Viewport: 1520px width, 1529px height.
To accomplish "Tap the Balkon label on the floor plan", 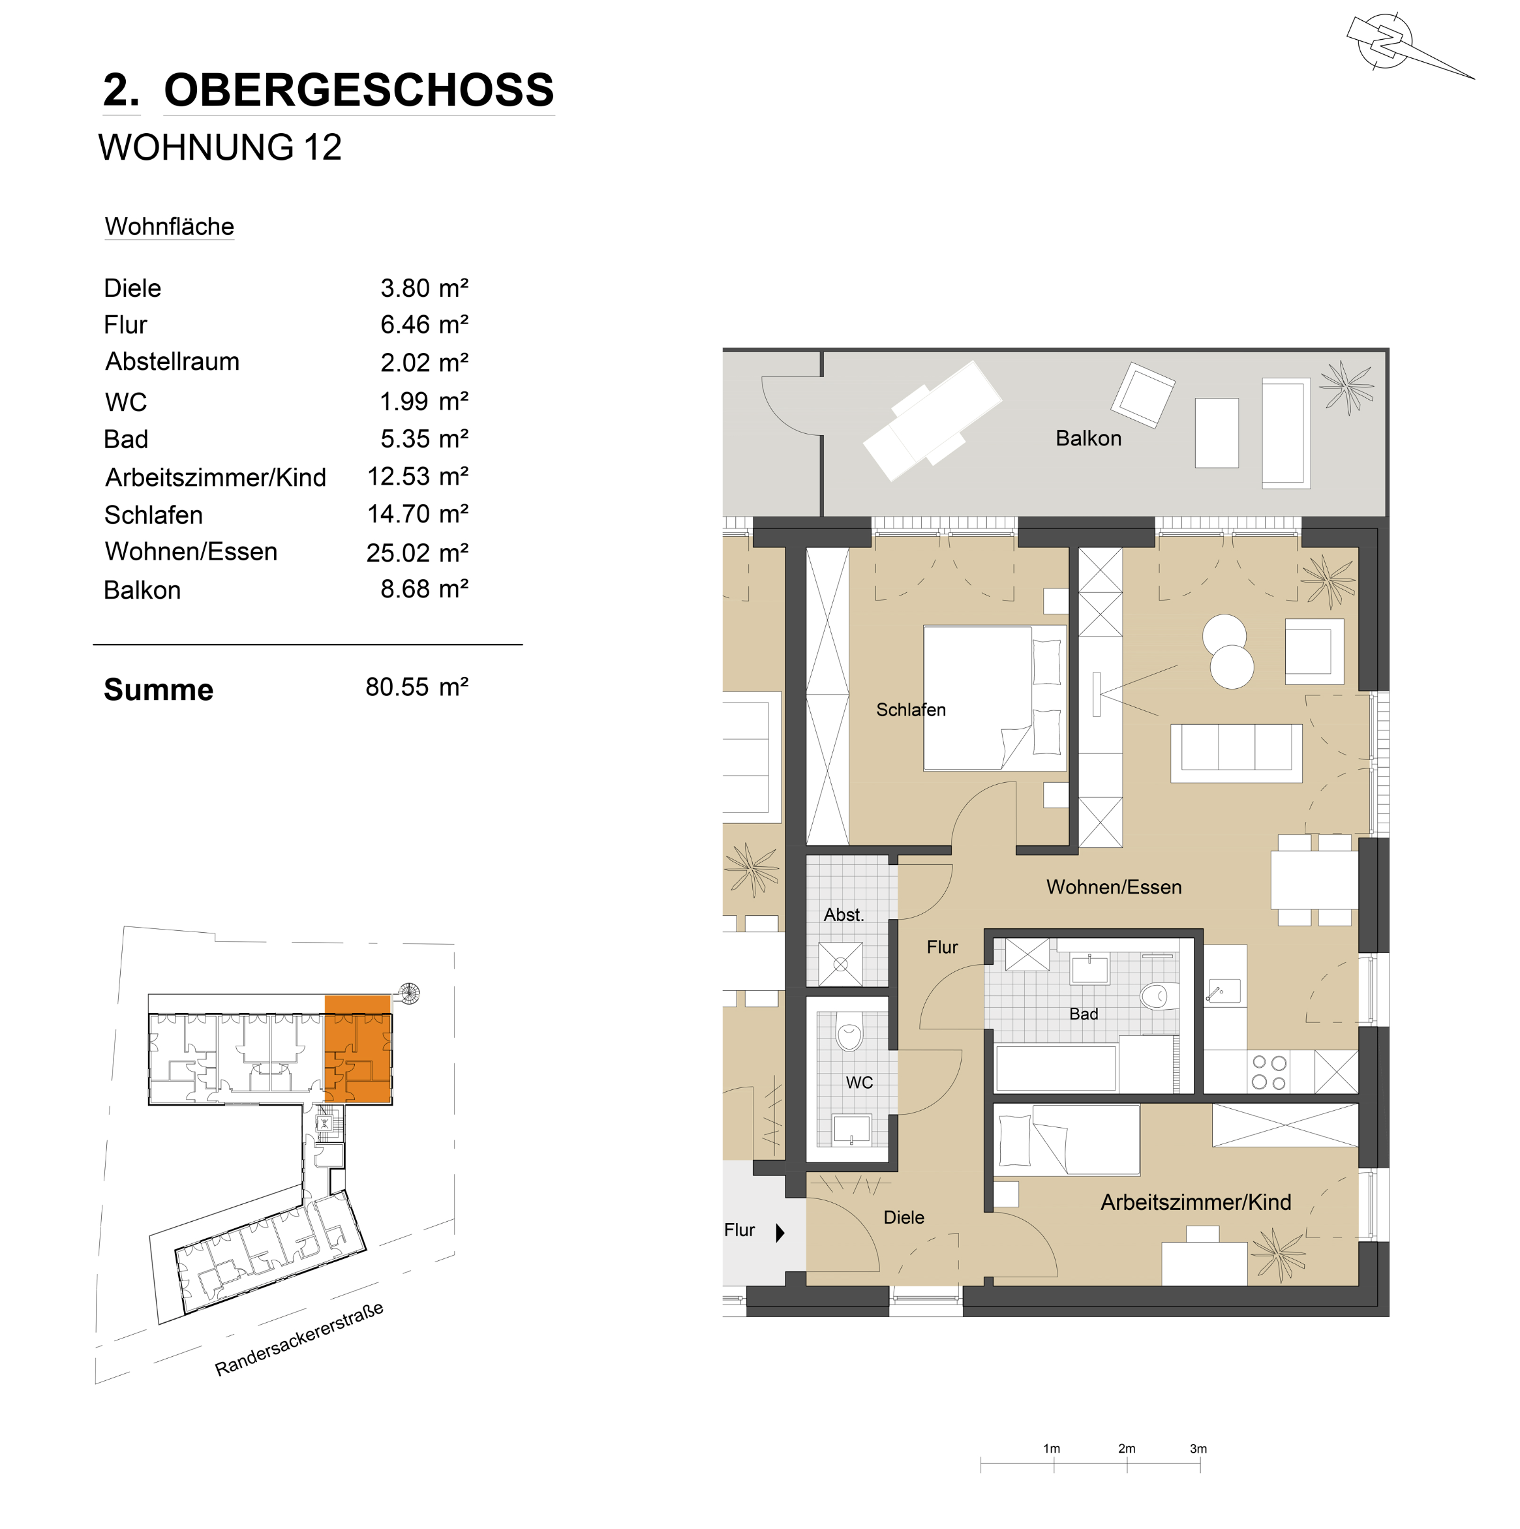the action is (x=1089, y=438).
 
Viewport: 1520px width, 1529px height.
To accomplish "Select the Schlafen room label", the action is (x=911, y=710).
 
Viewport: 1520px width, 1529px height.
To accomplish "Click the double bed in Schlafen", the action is (x=994, y=698).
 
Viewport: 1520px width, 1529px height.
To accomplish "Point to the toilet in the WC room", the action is (x=849, y=1031).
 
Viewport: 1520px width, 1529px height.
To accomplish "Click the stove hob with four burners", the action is (x=1268, y=1072).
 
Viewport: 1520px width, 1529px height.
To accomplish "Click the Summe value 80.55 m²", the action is (x=416, y=687).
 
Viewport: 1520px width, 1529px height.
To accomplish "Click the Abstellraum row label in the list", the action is (x=173, y=361).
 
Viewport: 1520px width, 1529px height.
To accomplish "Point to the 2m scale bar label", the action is (x=1127, y=1449).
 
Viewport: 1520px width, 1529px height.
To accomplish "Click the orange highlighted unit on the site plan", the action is (x=358, y=1050).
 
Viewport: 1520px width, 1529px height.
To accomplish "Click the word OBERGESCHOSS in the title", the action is (x=359, y=90).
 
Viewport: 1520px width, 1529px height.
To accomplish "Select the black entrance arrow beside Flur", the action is (x=780, y=1232).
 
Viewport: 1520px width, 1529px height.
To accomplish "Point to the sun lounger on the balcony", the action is (x=932, y=420).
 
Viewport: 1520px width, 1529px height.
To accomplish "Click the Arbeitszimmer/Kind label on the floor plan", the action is (x=1195, y=1202).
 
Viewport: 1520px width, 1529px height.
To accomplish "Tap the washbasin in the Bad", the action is (x=1089, y=968).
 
